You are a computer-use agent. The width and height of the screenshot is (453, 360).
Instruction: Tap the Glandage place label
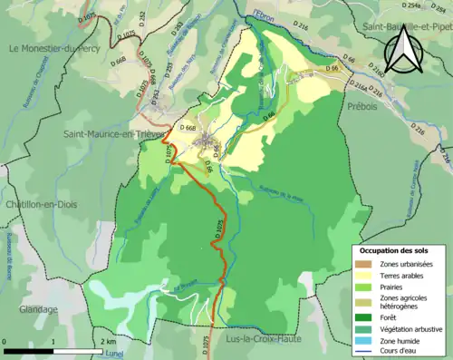point(32,309)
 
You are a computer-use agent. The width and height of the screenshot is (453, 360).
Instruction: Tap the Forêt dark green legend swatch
point(364,317)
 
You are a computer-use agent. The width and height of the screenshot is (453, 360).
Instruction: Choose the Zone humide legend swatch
point(364,341)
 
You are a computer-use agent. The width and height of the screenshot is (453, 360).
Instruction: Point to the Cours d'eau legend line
point(364,352)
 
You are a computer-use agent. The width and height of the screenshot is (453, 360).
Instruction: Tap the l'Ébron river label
point(264,15)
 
